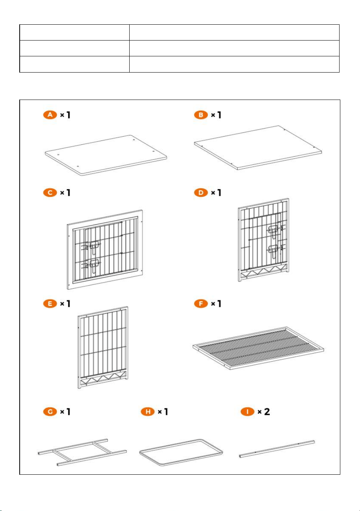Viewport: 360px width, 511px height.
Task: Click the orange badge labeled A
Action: pyautogui.click(x=50, y=115)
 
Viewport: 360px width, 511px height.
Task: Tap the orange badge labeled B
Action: pyautogui.click(x=201, y=115)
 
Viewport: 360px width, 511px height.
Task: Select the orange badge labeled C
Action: pyautogui.click(x=50, y=193)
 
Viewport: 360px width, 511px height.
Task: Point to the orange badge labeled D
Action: pyautogui.click(x=201, y=193)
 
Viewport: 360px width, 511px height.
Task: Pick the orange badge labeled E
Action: pyautogui.click(x=50, y=304)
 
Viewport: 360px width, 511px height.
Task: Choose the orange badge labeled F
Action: pyautogui.click(x=201, y=304)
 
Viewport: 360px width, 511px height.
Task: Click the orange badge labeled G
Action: pyautogui.click(x=50, y=412)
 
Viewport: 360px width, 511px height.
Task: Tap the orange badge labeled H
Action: pyautogui.click(x=148, y=412)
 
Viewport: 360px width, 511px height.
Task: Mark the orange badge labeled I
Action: pyautogui.click(x=247, y=412)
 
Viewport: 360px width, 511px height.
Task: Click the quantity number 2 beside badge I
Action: pyautogui.click(x=267, y=412)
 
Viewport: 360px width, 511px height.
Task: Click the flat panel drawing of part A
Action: pyautogui.click(x=106, y=156)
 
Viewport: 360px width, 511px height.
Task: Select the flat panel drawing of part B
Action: pyautogui.click(x=258, y=147)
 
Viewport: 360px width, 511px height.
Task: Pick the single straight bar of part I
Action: pyautogui.click(x=277, y=449)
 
